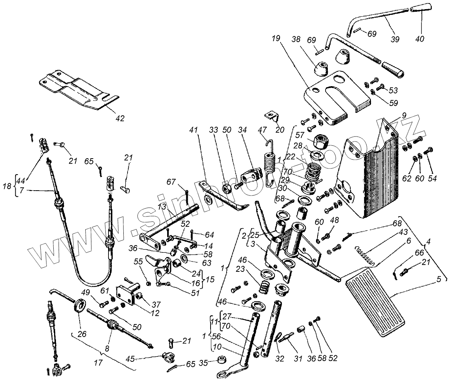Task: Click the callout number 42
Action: (120, 118)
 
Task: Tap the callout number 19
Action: (276, 39)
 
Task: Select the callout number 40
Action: (420, 39)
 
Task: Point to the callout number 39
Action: (395, 39)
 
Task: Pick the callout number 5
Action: (438, 279)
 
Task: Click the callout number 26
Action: (82, 334)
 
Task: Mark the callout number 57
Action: (300, 135)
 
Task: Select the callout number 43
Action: (403, 232)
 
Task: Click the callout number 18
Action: (7, 186)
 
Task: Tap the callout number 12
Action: (155, 313)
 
